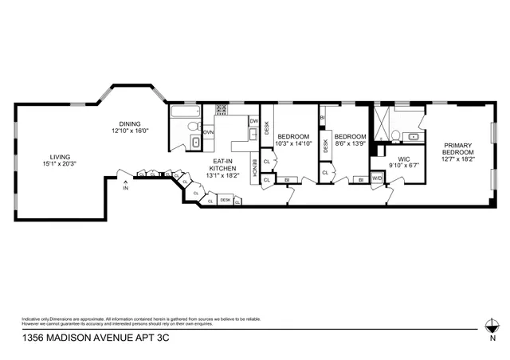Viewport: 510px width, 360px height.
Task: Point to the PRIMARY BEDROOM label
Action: pos(458,148)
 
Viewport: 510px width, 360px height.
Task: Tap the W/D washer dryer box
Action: pos(377,179)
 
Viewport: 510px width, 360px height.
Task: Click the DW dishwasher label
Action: pos(253,121)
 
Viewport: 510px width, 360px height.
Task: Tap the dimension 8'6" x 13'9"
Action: pos(349,144)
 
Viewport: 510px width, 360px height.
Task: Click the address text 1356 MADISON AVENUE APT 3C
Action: pos(83,338)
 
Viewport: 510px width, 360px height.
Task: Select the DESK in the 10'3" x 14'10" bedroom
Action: pos(266,127)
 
